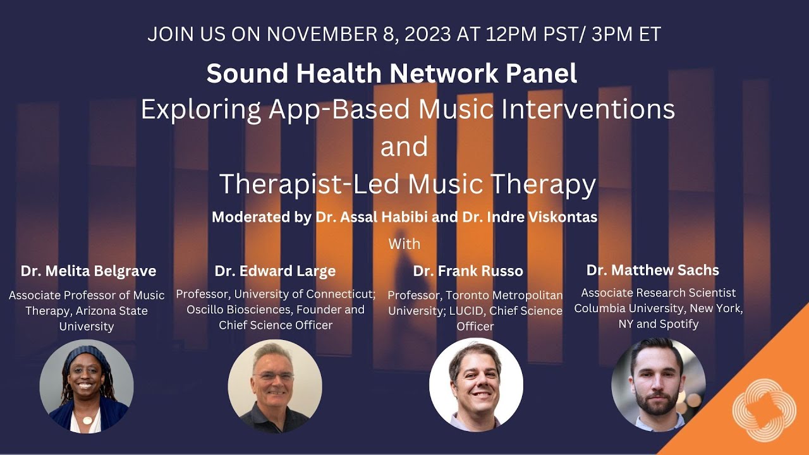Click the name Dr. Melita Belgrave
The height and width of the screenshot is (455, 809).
pos(88,271)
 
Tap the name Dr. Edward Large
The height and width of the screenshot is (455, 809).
pos(275,271)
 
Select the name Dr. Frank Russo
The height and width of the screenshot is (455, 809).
pos(468,271)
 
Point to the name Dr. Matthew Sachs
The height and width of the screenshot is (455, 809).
pos(652,270)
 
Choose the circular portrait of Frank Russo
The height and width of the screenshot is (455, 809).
pos(476,385)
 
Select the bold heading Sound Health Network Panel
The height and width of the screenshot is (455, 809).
pos(392,74)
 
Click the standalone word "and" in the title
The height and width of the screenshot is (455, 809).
pos(404,147)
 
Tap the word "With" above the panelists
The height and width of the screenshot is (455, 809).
pos(404,243)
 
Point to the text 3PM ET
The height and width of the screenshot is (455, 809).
pos(626,34)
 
